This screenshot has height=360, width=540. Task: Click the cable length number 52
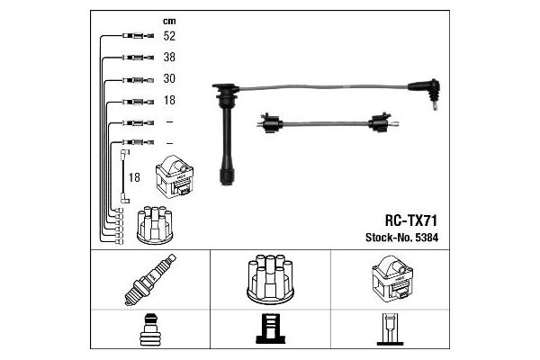click(169, 36)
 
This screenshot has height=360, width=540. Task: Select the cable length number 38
click(169, 57)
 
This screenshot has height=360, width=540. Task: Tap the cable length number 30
click(169, 78)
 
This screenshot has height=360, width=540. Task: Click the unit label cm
click(169, 22)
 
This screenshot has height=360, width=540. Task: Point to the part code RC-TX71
click(411, 220)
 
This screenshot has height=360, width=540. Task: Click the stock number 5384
click(427, 238)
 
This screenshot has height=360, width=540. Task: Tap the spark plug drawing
click(149, 280)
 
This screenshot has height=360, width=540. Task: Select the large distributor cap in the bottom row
click(270, 279)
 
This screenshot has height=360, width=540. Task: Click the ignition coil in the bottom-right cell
click(392, 280)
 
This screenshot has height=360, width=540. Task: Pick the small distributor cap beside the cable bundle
click(155, 225)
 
